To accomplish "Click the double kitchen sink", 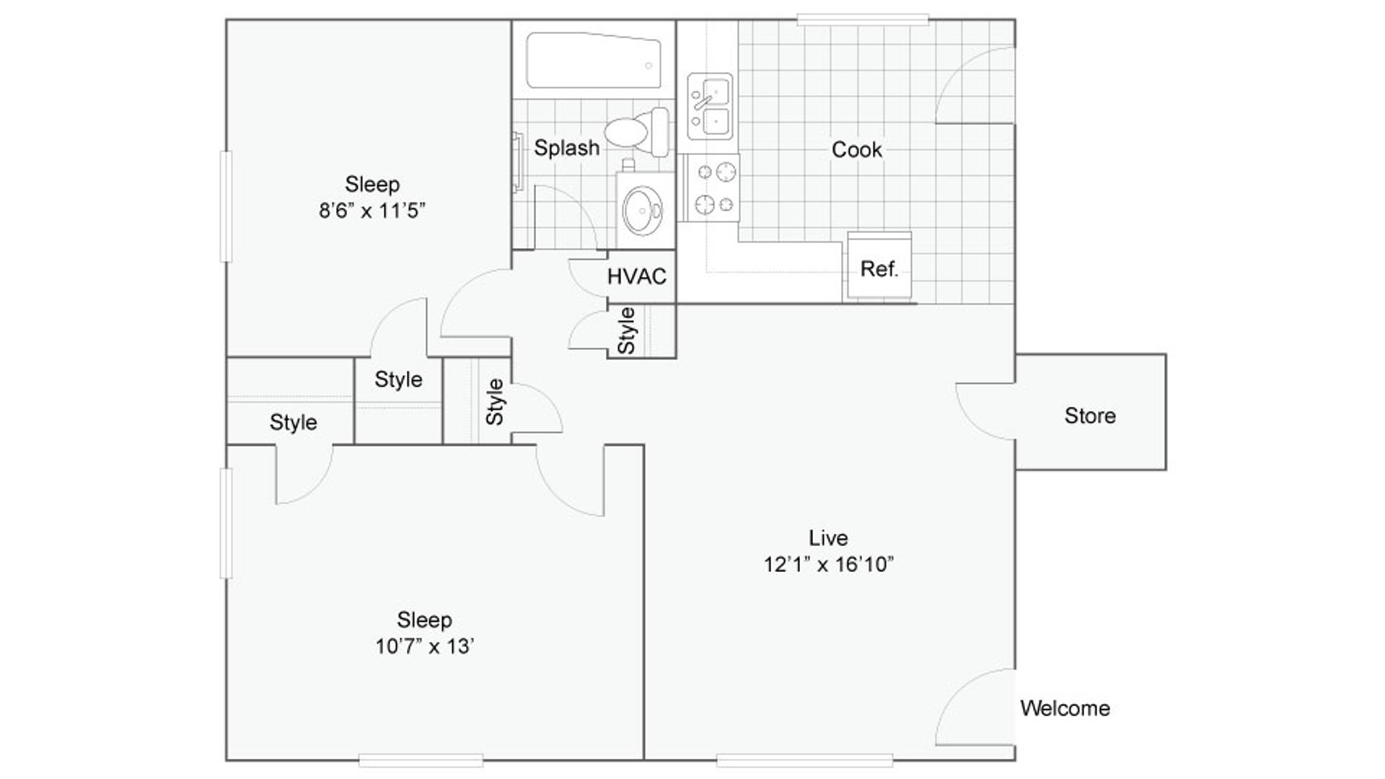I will [x=710, y=107].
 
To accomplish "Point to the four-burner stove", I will [x=713, y=188].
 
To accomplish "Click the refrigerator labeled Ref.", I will [x=879, y=268].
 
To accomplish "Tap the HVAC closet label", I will [x=636, y=276].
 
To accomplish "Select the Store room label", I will [x=1089, y=415].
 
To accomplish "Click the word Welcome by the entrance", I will [x=1065, y=708].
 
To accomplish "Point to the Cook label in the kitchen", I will [x=856, y=150].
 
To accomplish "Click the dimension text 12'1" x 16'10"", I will [x=828, y=565].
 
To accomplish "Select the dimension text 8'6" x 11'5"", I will [x=372, y=211].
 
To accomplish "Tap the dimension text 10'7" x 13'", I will [x=424, y=646].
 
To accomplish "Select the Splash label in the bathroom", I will [x=566, y=148].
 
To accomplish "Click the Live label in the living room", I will [x=827, y=538].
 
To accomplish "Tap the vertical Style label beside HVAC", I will [x=627, y=331].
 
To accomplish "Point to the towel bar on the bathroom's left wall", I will [x=517, y=162].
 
